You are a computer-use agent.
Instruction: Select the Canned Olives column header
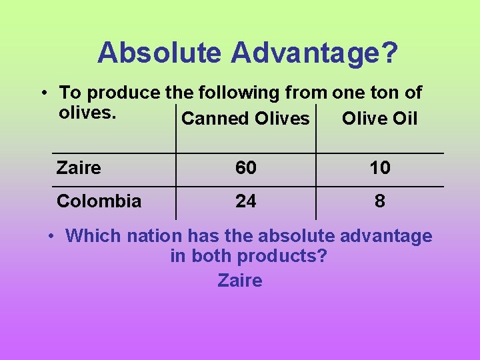[x=245, y=119]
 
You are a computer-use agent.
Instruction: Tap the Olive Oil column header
[x=379, y=119]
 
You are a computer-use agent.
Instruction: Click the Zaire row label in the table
[x=79, y=168]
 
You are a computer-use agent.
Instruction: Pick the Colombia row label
[x=99, y=201]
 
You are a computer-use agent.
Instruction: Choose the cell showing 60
[x=245, y=168]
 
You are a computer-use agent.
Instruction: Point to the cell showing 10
[x=379, y=168]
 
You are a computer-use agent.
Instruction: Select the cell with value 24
[x=245, y=201]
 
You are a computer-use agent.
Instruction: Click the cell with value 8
[x=379, y=201]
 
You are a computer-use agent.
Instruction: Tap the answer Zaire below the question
[x=240, y=281]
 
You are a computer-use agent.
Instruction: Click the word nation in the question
[x=154, y=236]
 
